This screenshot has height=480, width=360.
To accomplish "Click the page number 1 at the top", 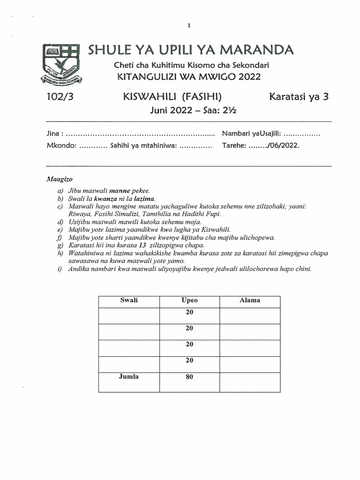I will [x=188, y=26].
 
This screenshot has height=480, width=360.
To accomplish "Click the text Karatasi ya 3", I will [x=300, y=97].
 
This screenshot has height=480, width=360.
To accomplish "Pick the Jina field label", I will [x=54, y=134].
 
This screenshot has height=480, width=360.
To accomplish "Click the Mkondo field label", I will [x=61, y=145].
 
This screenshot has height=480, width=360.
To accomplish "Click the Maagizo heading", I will [x=60, y=179].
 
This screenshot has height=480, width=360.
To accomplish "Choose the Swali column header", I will [x=129, y=300].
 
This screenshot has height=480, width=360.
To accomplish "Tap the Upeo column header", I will [x=189, y=300].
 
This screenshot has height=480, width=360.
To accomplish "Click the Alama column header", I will [x=249, y=300].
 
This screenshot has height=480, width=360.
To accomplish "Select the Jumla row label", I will [x=129, y=376].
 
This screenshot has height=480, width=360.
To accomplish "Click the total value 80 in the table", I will [x=189, y=376].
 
